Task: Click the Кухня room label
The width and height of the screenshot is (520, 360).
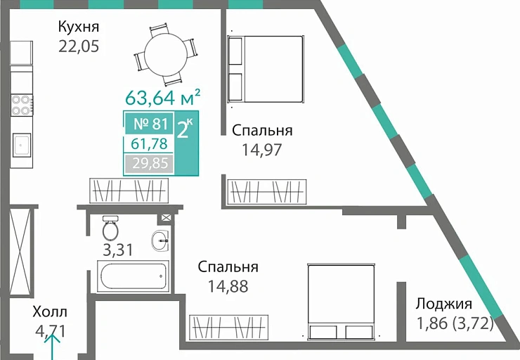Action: coord(78,27)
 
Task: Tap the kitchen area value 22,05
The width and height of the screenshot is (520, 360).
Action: coord(78,47)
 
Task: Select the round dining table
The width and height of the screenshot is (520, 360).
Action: coord(166,52)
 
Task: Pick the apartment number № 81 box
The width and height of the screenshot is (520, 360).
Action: coord(147,124)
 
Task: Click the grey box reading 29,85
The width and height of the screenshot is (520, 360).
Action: coord(147,165)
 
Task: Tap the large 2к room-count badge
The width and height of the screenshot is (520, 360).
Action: coord(185,131)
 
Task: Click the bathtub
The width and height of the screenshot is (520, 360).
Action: coord(134,276)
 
